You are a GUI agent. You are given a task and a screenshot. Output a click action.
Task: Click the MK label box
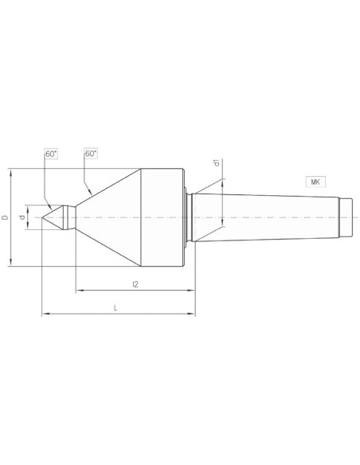click(315, 182)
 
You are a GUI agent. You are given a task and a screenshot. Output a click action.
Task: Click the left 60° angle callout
click(51, 154)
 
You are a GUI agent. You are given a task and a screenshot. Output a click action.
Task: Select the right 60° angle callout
click(91, 154)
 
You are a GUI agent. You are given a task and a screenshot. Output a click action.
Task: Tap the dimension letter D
click(5, 217)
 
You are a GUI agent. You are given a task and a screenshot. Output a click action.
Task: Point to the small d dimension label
click(22, 217)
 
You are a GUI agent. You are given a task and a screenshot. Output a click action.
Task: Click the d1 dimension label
click(217, 162)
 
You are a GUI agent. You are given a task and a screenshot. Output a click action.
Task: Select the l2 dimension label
click(135, 284)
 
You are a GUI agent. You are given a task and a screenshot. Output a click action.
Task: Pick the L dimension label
click(115, 307)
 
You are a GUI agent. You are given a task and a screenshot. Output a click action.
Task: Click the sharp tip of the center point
click(42, 217)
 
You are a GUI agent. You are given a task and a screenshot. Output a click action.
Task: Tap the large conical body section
click(108, 217)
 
